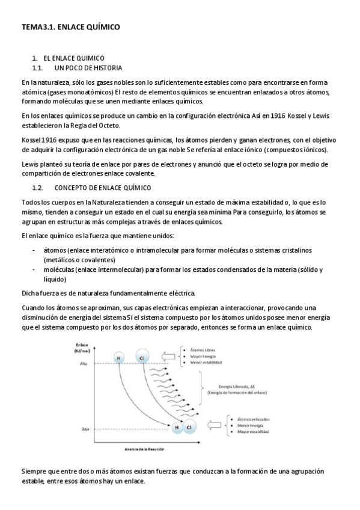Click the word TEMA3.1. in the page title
(38, 27)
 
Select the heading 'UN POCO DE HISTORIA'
(92, 68)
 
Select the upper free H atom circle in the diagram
(118, 358)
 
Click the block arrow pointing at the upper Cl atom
(168, 355)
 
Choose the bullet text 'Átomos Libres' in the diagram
(204, 349)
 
